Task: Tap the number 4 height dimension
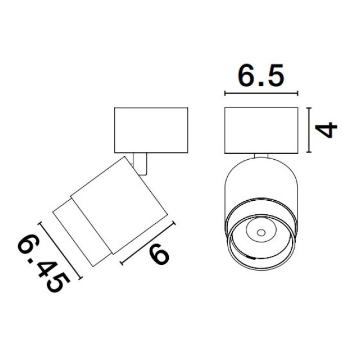click(x=326, y=130)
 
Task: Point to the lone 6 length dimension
click(x=159, y=254)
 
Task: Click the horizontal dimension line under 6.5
click(x=261, y=93)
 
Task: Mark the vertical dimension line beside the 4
click(x=309, y=130)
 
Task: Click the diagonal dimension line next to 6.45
click(x=61, y=251)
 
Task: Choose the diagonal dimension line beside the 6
click(x=148, y=244)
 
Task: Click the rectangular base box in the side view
click(x=151, y=130)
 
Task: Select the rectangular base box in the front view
click(x=261, y=130)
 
